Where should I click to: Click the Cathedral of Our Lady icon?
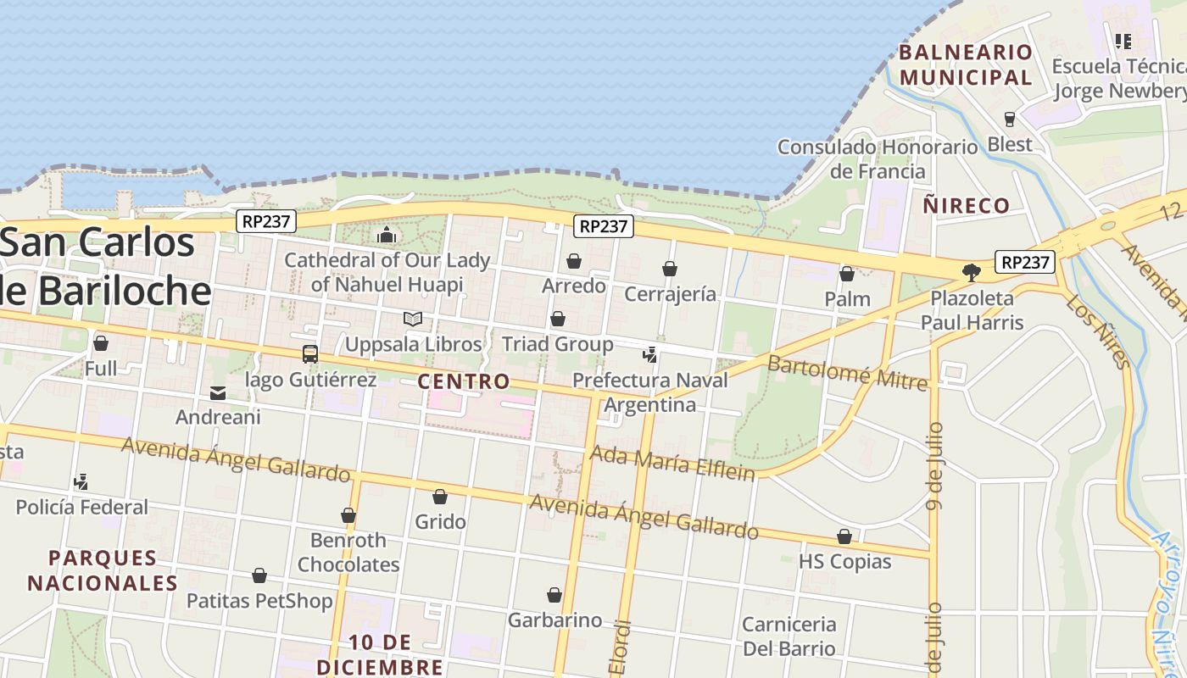coord(387,235)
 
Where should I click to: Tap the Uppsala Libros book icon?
coord(413,320)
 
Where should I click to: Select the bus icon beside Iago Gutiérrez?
coord(310,354)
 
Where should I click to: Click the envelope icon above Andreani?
coord(218,392)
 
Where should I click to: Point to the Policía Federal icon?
coord(81,482)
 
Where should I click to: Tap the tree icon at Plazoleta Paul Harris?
coord(972,273)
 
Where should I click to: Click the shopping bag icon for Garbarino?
coord(554,595)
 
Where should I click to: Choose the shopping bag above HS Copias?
coord(844,536)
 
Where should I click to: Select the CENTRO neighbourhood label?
coord(464,381)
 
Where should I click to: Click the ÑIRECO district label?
coord(967,205)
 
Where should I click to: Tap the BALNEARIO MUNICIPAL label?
coord(966,64)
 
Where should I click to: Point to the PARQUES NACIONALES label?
coord(103,570)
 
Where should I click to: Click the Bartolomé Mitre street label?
coord(848,374)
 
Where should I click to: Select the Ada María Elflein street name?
coord(672,462)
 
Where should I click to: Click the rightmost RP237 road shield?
coord(1026,263)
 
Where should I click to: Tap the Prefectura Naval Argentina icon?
coord(650,354)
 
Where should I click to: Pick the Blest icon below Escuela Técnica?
coord(1010,119)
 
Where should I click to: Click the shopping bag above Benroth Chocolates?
coord(348,515)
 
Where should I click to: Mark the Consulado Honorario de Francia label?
coord(878,158)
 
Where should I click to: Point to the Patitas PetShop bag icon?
coord(259,576)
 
